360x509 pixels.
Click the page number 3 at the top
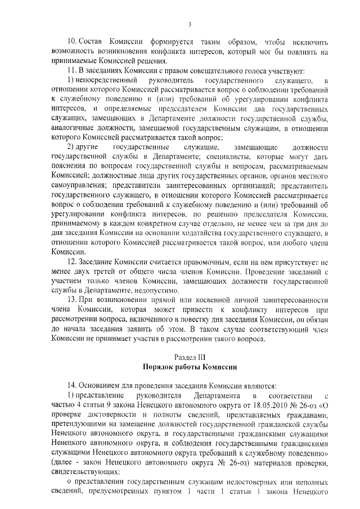tap(190, 24)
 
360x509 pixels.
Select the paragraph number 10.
tap(71, 43)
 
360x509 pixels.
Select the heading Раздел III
tap(190, 357)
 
